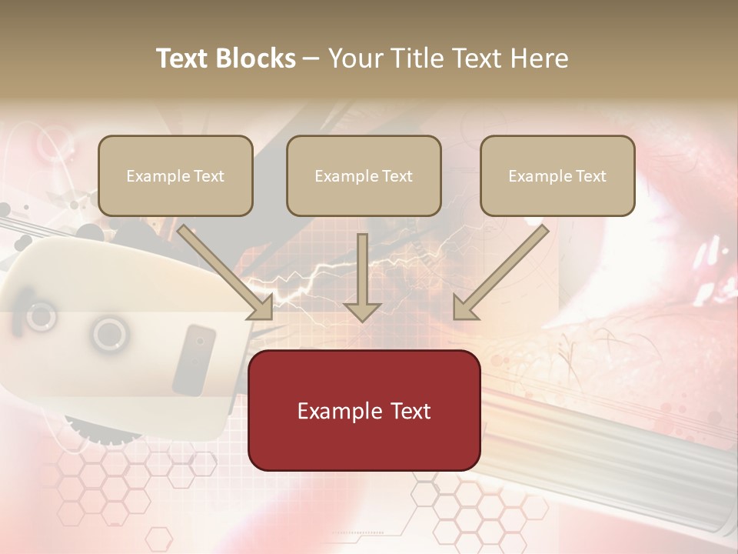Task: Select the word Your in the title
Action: coord(353,58)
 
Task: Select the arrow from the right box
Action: coord(500,273)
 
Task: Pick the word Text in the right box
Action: coord(590,176)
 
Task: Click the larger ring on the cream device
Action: coord(109,334)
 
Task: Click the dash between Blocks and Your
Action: coord(311,58)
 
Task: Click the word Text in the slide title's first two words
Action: coord(184,58)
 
